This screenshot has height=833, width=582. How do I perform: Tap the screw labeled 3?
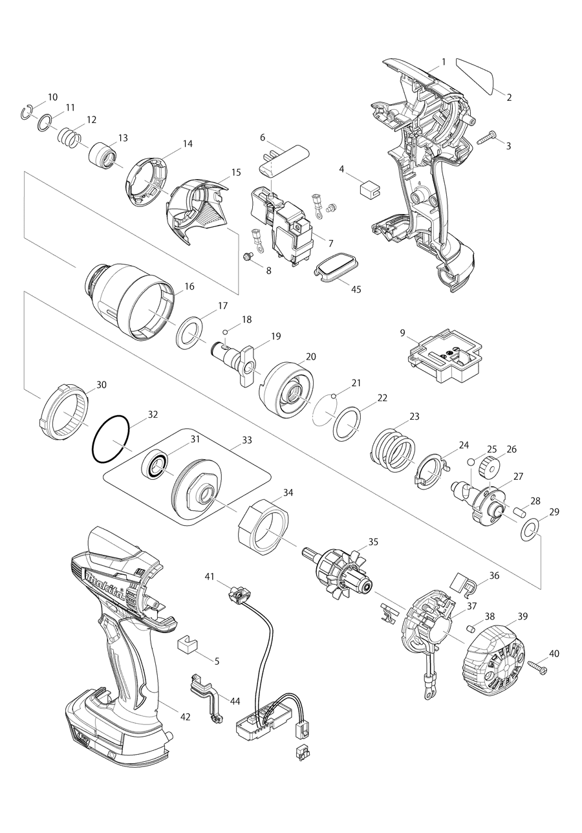click(x=486, y=137)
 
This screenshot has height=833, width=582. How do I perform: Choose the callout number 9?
click(x=402, y=333)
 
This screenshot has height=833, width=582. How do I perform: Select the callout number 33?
click(x=247, y=440)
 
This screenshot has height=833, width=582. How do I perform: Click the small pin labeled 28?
click(x=517, y=512)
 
